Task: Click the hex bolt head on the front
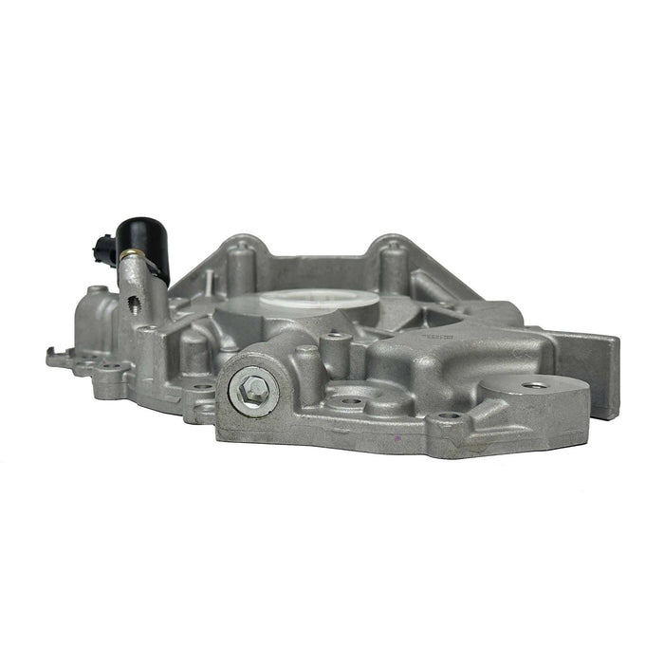tap(251, 387)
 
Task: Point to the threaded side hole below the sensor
tap(134, 303)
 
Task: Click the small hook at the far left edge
tap(51, 359)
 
